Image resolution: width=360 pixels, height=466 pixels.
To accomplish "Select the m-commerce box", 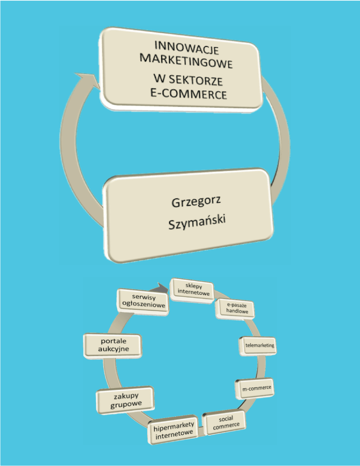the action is [x=254, y=389].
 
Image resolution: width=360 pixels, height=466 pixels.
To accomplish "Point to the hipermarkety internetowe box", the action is [x=174, y=432].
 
